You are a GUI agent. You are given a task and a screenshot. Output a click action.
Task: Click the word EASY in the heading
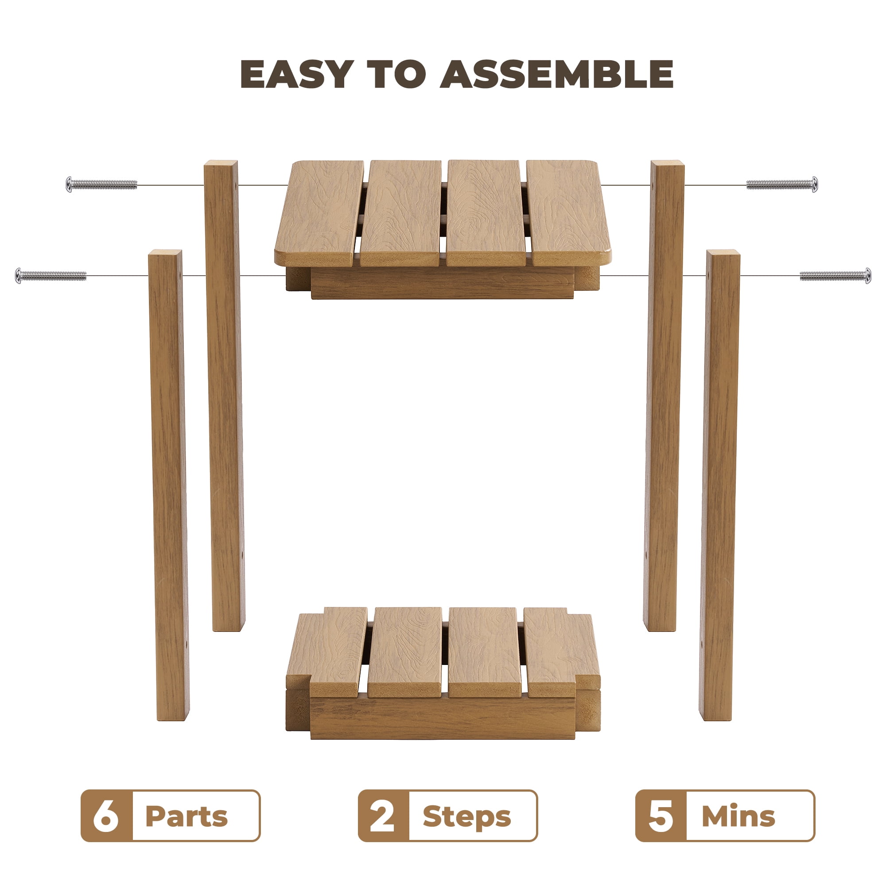click(x=297, y=74)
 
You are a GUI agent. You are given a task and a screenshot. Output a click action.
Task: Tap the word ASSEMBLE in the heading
click(x=557, y=74)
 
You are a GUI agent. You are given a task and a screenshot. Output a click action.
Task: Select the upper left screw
click(x=101, y=184)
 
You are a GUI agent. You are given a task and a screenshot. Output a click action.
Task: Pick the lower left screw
click(x=51, y=276)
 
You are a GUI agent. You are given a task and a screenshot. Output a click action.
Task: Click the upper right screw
click(x=782, y=184)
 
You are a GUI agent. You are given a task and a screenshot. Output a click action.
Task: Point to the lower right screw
click(x=835, y=276)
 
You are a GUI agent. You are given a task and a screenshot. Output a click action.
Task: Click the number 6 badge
click(x=107, y=816)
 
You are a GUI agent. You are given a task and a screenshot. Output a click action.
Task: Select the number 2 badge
click(x=383, y=816)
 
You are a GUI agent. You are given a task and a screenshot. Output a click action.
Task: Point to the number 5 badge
click(x=661, y=816)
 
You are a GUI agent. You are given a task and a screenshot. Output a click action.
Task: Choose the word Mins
click(x=738, y=816)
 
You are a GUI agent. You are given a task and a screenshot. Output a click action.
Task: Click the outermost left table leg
click(x=169, y=485)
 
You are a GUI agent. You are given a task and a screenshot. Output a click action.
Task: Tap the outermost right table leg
click(x=719, y=485)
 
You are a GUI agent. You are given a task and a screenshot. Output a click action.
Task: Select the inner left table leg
click(x=224, y=395)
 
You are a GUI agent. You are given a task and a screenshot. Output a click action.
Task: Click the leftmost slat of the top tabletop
click(x=320, y=213)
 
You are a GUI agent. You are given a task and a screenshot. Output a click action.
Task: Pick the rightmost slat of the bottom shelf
click(x=561, y=652)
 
